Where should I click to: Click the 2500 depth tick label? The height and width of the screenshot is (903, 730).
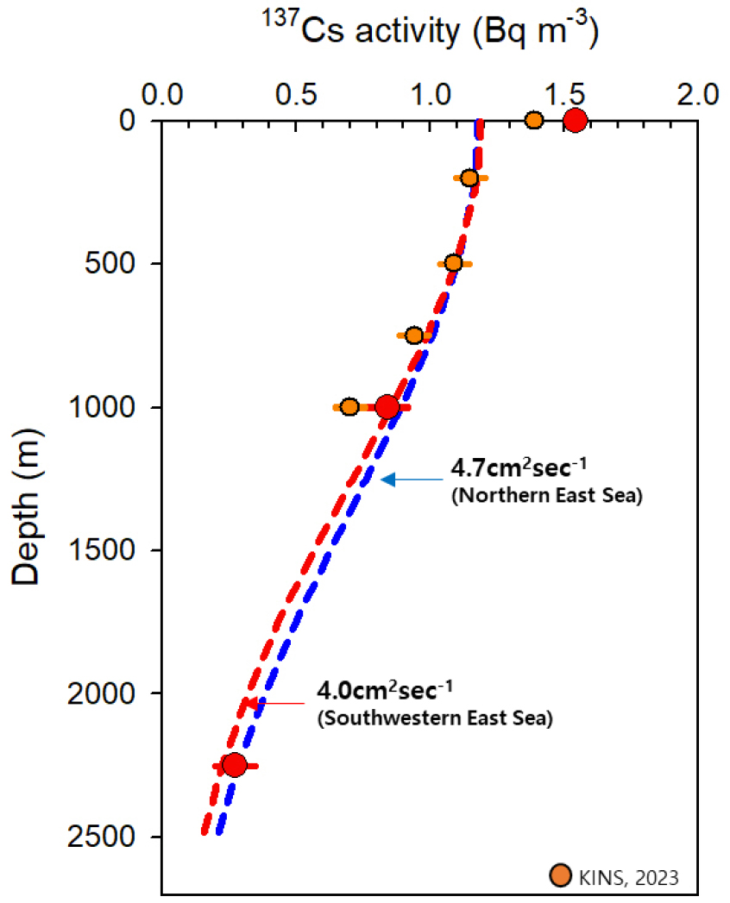(x=104, y=837)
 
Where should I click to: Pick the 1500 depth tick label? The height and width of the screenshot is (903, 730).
(x=104, y=549)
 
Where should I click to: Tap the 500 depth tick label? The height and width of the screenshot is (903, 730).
(x=112, y=263)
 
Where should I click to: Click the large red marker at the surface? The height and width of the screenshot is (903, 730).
(x=575, y=120)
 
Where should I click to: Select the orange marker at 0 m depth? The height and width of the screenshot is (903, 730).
(x=534, y=120)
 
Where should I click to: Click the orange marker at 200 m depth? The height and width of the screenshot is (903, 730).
(x=469, y=178)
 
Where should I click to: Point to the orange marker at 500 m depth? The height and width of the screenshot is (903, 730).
(x=453, y=263)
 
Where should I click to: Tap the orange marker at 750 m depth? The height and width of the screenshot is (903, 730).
(x=414, y=335)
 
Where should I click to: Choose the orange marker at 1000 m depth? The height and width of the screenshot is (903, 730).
(x=349, y=406)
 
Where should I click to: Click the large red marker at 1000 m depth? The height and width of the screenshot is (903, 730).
(x=387, y=406)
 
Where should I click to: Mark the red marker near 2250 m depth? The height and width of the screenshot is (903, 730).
(x=234, y=764)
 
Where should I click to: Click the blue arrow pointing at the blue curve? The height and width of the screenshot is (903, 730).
(x=410, y=479)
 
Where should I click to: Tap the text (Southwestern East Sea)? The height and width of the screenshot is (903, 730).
(x=434, y=718)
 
